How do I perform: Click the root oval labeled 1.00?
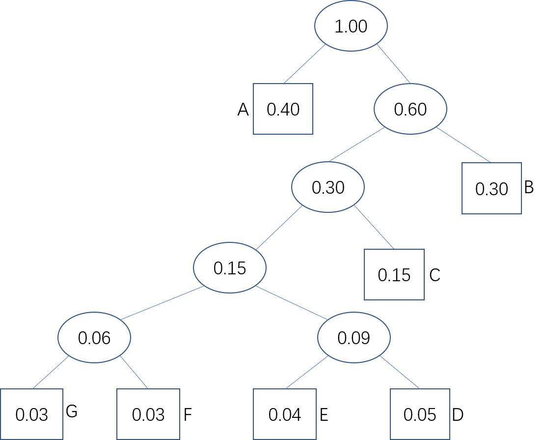click(351, 26)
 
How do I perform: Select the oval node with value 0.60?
click(410, 109)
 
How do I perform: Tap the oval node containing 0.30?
click(328, 187)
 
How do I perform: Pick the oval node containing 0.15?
click(230, 268)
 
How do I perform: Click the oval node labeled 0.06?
click(94, 337)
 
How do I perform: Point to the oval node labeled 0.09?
click(354, 337)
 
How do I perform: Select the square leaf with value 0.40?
click(283, 109)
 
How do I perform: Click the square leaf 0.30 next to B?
click(491, 188)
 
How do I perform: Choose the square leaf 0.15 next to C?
click(394, 275)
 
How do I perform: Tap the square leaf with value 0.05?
click(420, 414)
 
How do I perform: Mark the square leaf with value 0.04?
click(285, 414)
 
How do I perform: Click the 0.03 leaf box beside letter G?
click(31, 414)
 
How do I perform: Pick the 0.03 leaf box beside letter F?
click(148, 414)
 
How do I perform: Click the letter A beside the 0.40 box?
click(243, 109)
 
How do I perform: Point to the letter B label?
click(529, 187)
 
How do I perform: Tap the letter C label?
click(435, 275)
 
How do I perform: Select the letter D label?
click(458, 414)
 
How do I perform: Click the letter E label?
click(324, 414)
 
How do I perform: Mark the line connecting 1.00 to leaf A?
click(305, 64)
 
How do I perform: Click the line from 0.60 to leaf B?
click(463, 145)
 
